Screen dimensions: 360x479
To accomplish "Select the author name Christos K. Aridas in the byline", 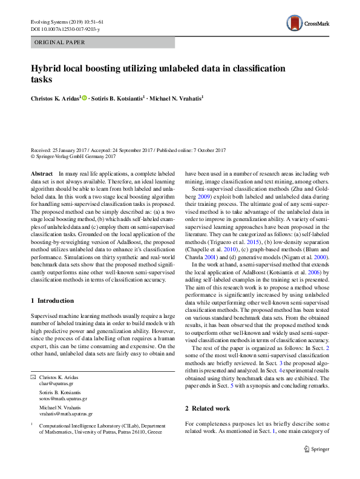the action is pos(55,97).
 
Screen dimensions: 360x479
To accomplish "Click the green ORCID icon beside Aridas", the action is pos(85,97).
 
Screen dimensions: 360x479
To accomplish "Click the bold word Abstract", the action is pos(41,174).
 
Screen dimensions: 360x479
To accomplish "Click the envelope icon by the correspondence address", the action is pos(34,377).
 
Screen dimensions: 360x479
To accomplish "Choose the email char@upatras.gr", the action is pos(56,383).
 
